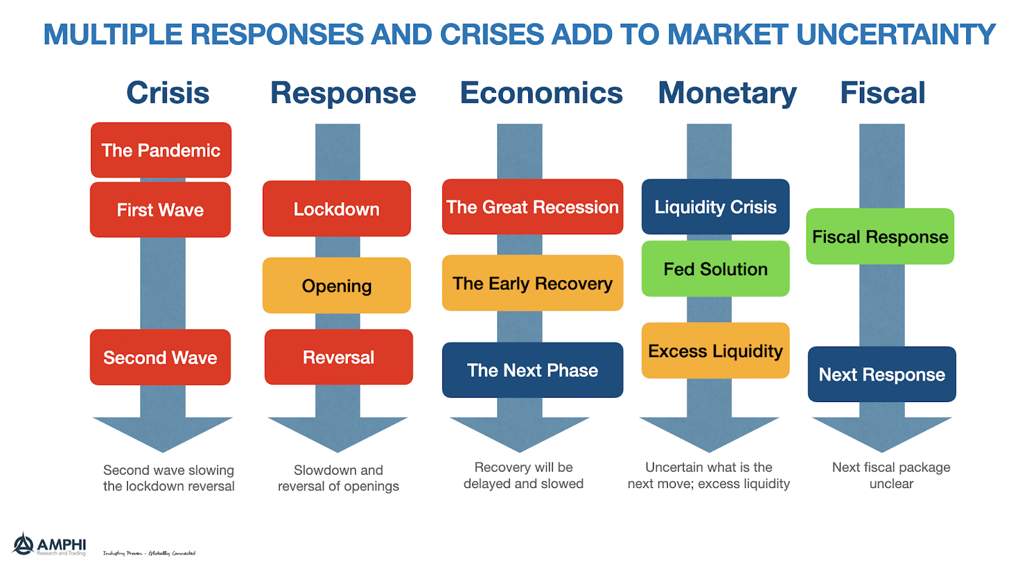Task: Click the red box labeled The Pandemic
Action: (x=161, y=150)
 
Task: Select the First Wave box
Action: (x=160, y=210)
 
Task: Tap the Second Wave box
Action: (x=160, y=357)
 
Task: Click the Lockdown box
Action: (x=337, y=209)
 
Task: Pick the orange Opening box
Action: (x=337, y=285)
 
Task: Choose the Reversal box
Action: (x=339, y=357)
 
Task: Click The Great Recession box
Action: (x=533, y=207)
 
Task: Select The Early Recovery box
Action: (x=533, y=283)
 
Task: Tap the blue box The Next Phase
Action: (x=533, y=370)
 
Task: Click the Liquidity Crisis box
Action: (x=715, y=207)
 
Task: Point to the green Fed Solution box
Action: (x=715, y=269)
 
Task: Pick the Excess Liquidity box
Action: (x=715, y=351)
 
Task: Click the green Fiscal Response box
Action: (x=880, y=237)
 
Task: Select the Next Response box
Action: (x=882, y=374)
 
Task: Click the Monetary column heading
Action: (x=727, y=93)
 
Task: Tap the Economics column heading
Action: (x=542, y=93)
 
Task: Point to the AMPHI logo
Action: (x=49, y=544)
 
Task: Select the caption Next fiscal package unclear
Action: (x=891, y=475)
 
